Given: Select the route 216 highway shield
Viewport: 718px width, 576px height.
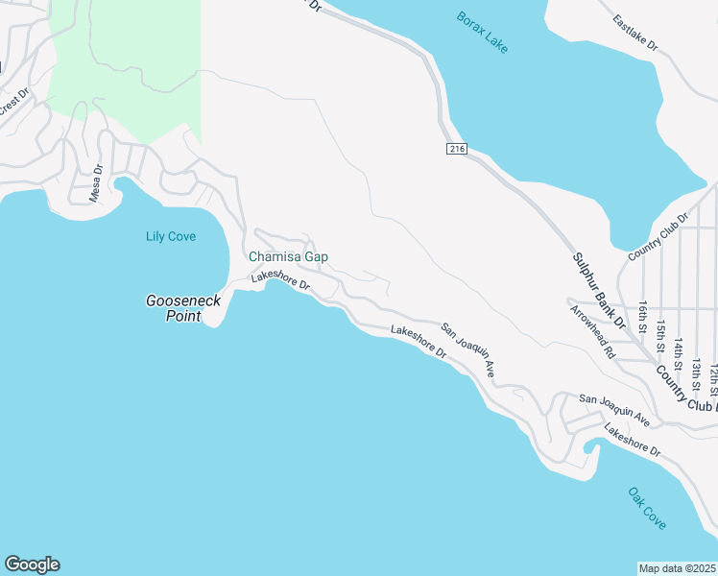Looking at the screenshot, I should coord(456,149).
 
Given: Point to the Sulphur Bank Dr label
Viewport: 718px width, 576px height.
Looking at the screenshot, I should coord(599,291).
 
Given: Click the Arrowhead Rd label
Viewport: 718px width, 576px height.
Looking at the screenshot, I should coord(592,332).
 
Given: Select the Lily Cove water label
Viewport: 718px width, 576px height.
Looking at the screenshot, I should coord(171,236).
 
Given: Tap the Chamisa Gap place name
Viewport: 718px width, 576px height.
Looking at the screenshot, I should coord(288,257).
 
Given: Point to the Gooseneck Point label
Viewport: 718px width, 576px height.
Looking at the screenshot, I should coord(183,307).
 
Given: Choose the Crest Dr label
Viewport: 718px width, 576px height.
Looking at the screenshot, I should coord(13,104).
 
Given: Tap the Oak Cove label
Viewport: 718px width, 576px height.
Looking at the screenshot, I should coord(647,508).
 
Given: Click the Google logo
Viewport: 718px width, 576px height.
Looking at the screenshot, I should coord(32,564).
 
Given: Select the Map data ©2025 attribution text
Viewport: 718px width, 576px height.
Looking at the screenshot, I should coord(678,568).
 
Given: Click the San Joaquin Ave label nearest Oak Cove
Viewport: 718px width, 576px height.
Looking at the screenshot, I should coord(614,410).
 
